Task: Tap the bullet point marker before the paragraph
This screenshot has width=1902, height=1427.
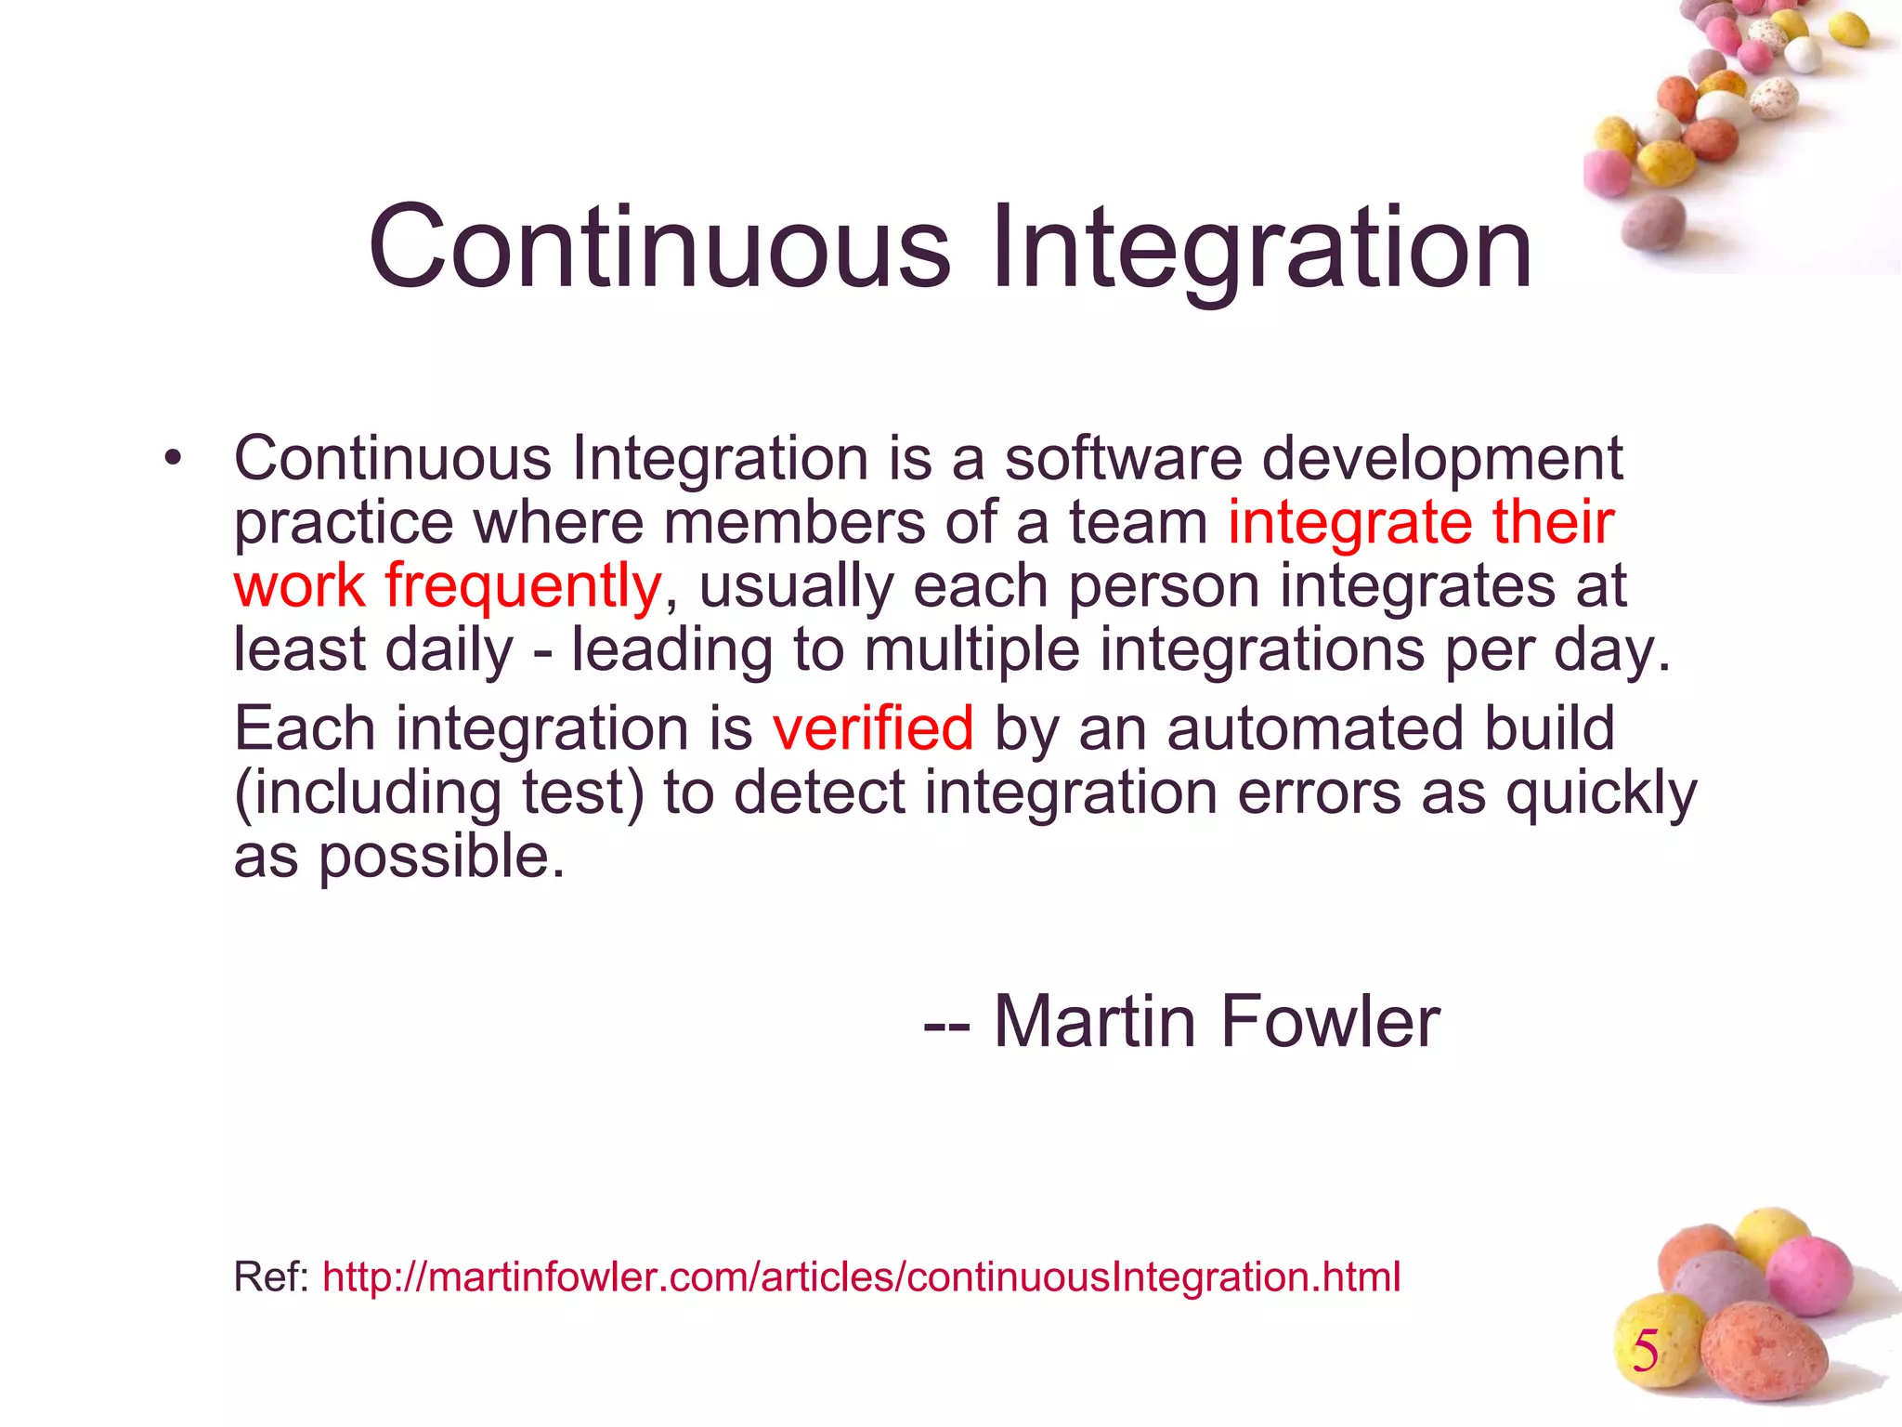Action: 172,458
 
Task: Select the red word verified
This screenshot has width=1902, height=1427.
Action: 873,727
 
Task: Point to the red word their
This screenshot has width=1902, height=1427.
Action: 1553,522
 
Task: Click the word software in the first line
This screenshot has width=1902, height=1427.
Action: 1123,459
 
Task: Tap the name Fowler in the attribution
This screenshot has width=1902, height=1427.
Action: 1329,1022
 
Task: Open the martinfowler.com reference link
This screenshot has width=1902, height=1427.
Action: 861,1277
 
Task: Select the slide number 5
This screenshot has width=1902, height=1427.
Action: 1646,1351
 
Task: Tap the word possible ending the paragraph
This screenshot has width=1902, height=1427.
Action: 440,858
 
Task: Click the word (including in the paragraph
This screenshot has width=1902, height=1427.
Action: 367,794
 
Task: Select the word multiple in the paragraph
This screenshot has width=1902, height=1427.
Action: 971,649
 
